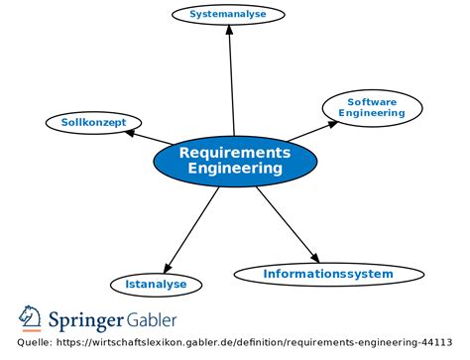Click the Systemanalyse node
click(x=228, y=14)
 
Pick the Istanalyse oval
click(x=156, y=285)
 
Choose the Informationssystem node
click(x=327, y=274)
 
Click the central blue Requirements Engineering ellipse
click(x=235, y=161)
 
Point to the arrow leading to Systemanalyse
click(x=231, y=79)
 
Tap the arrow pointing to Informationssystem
click(x=287, y=223)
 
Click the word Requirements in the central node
click(x=235, y=152)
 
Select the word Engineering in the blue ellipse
click(x=235, y=170)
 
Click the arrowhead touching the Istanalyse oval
click(x=170, y=268)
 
